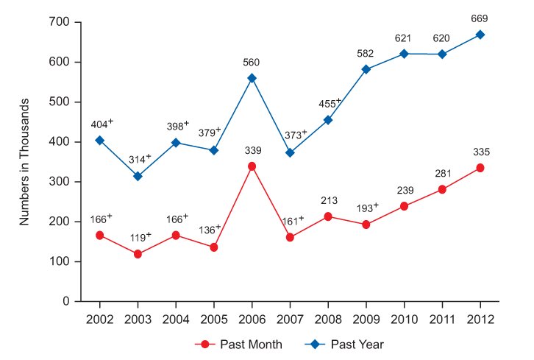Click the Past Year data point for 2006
click(252, 78)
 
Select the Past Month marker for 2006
click(252, 166)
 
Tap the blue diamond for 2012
click(480, 35)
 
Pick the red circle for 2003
click(138, 254)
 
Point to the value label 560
click(252, 62)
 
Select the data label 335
click(480, 152)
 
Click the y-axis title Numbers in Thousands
click(24, 162)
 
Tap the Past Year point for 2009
click(366, 69)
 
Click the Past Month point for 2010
click(405, 206)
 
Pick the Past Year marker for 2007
click(290, 152)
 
